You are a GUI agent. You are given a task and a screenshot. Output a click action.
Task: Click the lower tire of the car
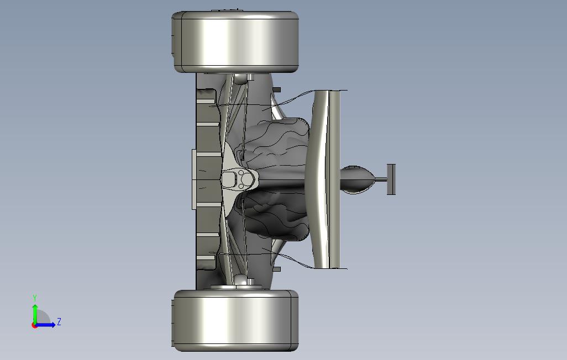pyautogui.click(x=235, y=320)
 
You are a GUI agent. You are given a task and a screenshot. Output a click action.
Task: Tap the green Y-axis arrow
pyautogui.click(x=35, y=315)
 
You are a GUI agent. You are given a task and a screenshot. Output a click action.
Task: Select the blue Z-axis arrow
pyautogui.click(x=45, y=325)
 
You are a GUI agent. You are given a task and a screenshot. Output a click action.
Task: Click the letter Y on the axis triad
pyautogui.click(x=35, y=298)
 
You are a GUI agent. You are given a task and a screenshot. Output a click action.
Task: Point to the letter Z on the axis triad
pyautogui.click(x=59, y=321)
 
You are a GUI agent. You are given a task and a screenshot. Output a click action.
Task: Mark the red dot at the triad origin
pyautogui.click(x=34, y=326)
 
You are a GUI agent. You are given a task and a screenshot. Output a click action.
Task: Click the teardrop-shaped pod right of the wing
pyautogui.click(x=357, y=179)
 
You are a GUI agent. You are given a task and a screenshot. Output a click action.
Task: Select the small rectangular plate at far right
pyautogui.click(x=391, y=179)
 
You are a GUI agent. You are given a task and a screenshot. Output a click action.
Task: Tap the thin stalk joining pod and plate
pyautogui.click(x=381, y=179)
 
